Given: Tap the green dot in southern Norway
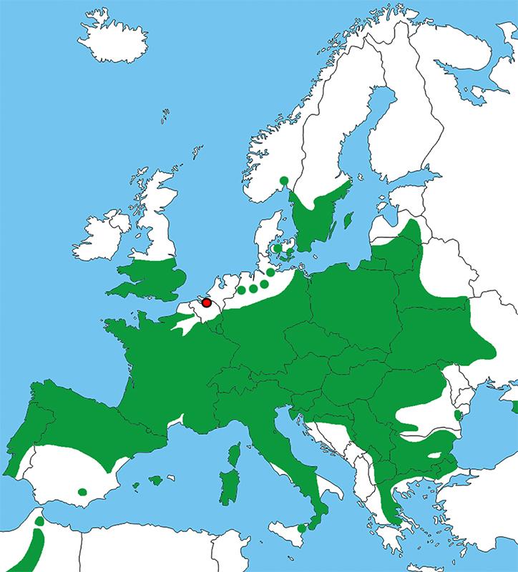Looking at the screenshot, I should pos(284,180).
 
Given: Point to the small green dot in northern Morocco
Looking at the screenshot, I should pos(39,522).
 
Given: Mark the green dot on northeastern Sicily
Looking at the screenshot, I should pos(303,528).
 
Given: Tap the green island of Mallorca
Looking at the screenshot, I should pos(156,480).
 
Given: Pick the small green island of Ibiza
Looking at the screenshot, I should pos(136,487).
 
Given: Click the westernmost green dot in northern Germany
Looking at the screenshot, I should pos(242,290).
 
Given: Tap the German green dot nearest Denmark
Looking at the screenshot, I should pos(271,272).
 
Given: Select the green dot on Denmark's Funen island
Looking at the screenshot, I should pos(277,248).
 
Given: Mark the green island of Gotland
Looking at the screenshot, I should pos(347,219).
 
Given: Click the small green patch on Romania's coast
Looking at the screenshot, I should pos(457,415).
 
